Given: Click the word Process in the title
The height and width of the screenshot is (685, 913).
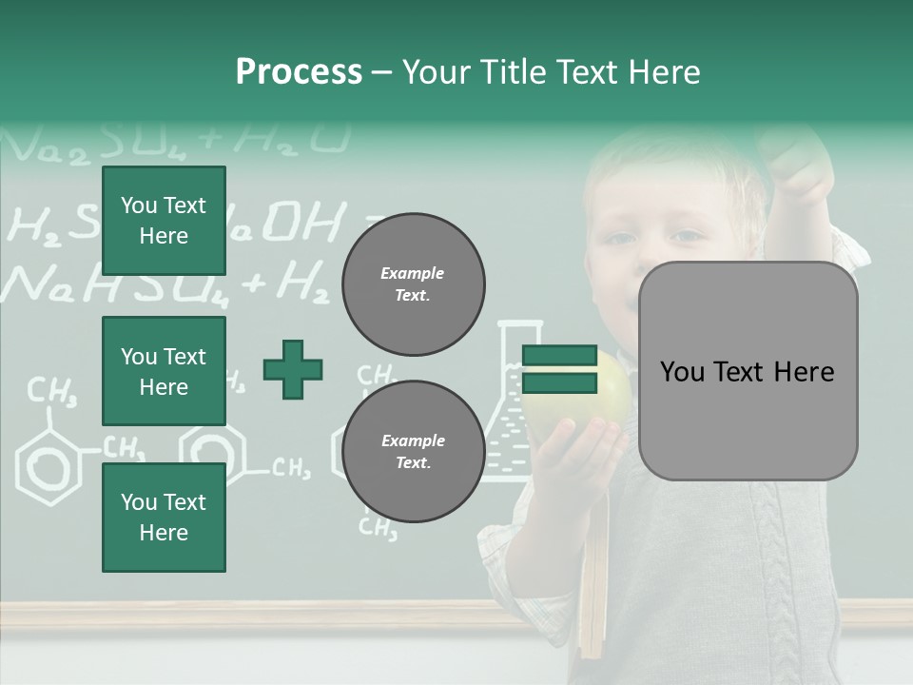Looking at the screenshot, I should click(299, 72).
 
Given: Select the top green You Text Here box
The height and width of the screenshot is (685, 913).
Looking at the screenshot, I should click(164, 221).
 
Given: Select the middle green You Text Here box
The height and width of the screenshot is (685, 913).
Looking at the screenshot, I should click(164, 371).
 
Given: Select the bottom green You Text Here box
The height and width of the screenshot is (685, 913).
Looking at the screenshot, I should click(164, 518).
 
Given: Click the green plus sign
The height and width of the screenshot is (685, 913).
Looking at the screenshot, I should click(293, 369).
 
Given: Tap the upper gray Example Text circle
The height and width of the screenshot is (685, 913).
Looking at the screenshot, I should click(413, 284).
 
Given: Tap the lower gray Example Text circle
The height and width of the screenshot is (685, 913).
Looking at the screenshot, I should click(413, 452).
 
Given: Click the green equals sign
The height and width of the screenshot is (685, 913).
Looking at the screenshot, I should click(559, 370).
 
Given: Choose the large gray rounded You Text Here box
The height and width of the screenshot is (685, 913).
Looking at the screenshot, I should click(748, 371).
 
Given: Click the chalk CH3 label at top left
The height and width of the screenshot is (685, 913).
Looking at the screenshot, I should click(52, 390).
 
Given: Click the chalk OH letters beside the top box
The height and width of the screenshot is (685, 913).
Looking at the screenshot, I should click(300, 225).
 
